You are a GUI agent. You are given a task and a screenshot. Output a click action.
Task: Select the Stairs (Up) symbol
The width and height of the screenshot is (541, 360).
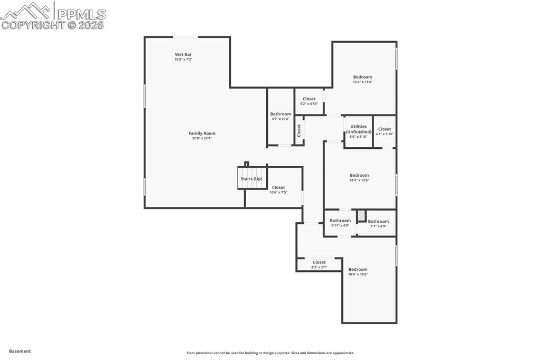pyautogui.click(x=252, y=178)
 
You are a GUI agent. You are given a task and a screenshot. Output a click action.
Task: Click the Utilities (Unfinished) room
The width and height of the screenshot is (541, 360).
pyautogui.click(x=358, y=131)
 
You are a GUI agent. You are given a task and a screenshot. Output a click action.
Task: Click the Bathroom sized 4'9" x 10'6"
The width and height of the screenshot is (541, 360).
pyautogui.click(x=281, y=116)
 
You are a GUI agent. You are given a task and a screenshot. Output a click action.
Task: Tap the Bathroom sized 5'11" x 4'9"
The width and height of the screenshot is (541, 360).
pyautogui.click(x=340, y=222)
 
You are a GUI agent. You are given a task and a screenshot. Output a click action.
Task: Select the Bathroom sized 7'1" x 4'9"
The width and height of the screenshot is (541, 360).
pyautogui.click(x=378, y=223)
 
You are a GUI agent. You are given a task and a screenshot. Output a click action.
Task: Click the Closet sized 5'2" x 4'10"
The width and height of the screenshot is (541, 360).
pyautogui.click(x=309, y=100)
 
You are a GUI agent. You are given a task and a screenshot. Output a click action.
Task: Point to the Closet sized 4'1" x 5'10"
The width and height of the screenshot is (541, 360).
pyautogui.click(x=385, y=131)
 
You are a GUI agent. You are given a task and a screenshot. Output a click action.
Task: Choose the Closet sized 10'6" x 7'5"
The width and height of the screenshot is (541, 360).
pyautogui.click(x=278, y=189)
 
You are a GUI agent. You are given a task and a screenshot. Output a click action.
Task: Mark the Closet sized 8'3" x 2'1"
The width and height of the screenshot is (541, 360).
pyautogui.click(x=319, y=264)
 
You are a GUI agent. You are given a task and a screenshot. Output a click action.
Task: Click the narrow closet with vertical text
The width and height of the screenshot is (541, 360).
pyautogui.click(x=299, y=130)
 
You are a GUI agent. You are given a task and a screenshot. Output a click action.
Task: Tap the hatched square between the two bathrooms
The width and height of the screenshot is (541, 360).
pyautogui.click(x=361, y=215)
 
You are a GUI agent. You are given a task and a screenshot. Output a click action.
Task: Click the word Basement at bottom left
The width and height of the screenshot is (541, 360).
pyautogui.click(x=20, y=351)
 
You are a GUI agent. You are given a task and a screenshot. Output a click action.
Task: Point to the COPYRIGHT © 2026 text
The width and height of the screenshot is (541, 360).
pyautogui.click(x=53, y=25)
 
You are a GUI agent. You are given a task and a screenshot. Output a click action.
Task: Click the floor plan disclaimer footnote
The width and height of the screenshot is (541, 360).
pyautogui.click(x=270, y=353)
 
